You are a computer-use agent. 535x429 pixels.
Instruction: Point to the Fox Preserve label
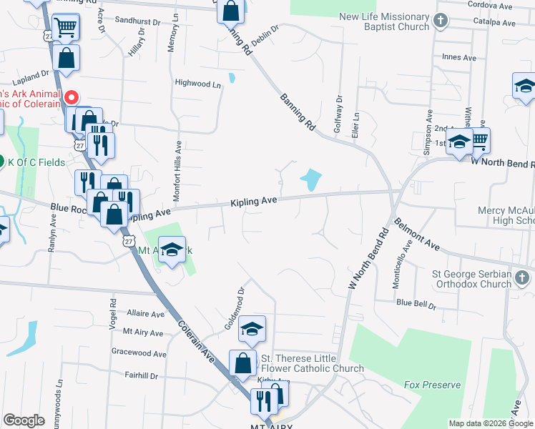(432, 385)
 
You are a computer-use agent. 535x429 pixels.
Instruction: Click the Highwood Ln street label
(198, 84)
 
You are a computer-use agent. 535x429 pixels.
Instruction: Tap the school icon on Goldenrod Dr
(252, 329)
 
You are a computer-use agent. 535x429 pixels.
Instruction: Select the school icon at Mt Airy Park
(172, 250)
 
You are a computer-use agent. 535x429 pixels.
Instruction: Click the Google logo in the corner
(24, 420)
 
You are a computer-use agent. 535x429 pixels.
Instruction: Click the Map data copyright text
(490, 423)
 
